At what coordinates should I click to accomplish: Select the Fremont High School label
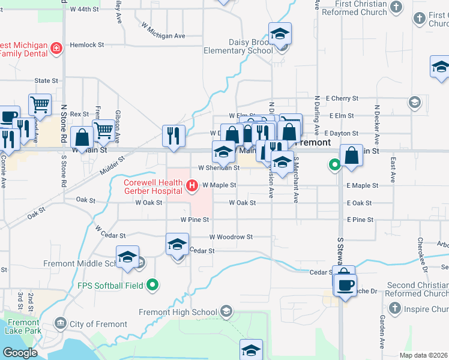pyautogui.click(x=178, y=312)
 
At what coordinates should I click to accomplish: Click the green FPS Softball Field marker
pyautogui.click(x=153, y=285)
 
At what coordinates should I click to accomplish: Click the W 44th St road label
pyautogui.click(x=84, y=10)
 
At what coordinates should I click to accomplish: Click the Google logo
pyautogui.click(x=20, y=352)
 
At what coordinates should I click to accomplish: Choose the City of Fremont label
pyautogui.click(x=98, y=324)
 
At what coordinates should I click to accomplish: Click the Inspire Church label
pyautogui.click(x=425, y=310)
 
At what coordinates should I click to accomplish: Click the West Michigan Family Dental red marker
pyautogui.click(x=56, y=47)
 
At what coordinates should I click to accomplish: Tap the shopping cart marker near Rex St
pyautogui.click(x=40, y=105)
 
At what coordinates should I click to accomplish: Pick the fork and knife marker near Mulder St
pyautogui.click(x=173, y=136)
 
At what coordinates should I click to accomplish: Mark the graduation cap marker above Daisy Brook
pyautogui.click(x=280, y=34)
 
